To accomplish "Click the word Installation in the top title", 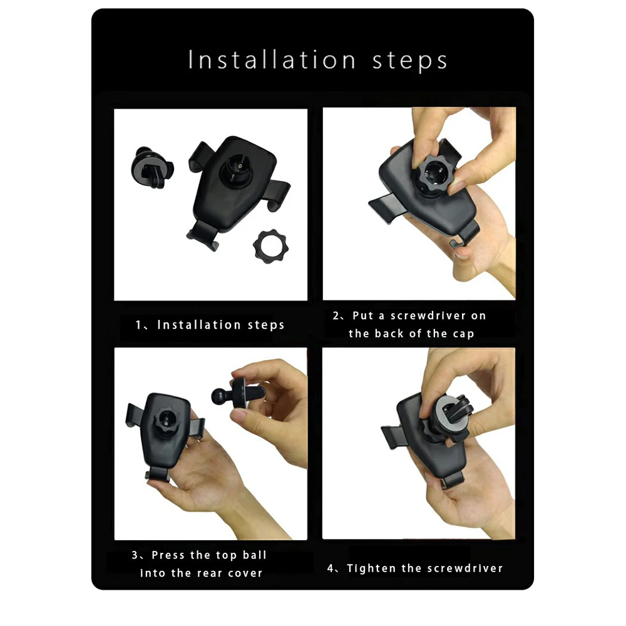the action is pyautogui.click(x=272, y=60).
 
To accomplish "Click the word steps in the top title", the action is pyautogui.click(x=410, y=62).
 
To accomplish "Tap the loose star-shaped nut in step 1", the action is pyautogui.click(x=270, y=246).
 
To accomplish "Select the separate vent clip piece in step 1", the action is pyautogui.click(x=151, y=168).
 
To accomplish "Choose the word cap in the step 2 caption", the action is pyautogui.click(x=463, y=334).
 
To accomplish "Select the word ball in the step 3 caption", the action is pyautogui.click(x=254, y=555).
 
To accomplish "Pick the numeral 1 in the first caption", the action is pyautogui.click(x=138, y=325).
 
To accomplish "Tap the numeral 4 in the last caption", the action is pyautogui.click(x=331, y=568).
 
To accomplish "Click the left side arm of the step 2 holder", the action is pyautogui.click(x=385, y=207).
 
